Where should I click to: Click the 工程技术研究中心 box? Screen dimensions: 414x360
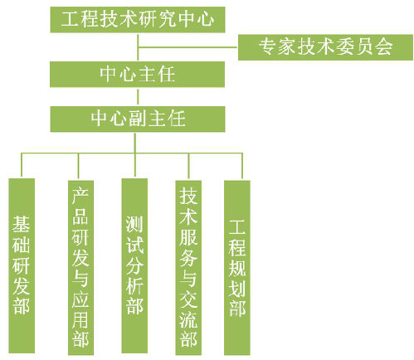point(138,20)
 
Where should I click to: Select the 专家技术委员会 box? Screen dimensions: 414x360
point(325,47)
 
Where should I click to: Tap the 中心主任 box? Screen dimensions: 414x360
point(137,74)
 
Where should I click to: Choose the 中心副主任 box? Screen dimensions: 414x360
point(138,119)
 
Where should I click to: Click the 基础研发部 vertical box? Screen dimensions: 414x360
point(22,265)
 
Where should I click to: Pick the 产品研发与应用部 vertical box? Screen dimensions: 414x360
point(80,268)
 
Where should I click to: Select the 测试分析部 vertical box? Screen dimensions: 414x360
point(134,265)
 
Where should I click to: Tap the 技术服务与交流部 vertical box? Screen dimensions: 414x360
point(188,268)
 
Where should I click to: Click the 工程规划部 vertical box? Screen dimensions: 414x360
point(237,268)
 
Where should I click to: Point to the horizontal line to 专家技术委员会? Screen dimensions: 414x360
point(188,47)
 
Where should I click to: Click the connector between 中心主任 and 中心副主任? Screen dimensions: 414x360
point(138,97)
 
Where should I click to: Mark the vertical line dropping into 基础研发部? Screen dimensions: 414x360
point(22,165)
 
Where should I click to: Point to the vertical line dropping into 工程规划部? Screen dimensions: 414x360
point(242,166)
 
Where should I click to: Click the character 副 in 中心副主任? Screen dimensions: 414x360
point(138,119)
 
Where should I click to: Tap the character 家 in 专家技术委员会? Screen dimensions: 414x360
point(286,47)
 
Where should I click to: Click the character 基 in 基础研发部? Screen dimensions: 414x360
point(21,225)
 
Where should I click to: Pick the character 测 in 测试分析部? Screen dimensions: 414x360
point(134,225)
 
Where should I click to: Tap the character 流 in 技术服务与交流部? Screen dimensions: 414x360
point(188,319)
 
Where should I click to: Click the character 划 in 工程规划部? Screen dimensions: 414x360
point(237,289)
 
